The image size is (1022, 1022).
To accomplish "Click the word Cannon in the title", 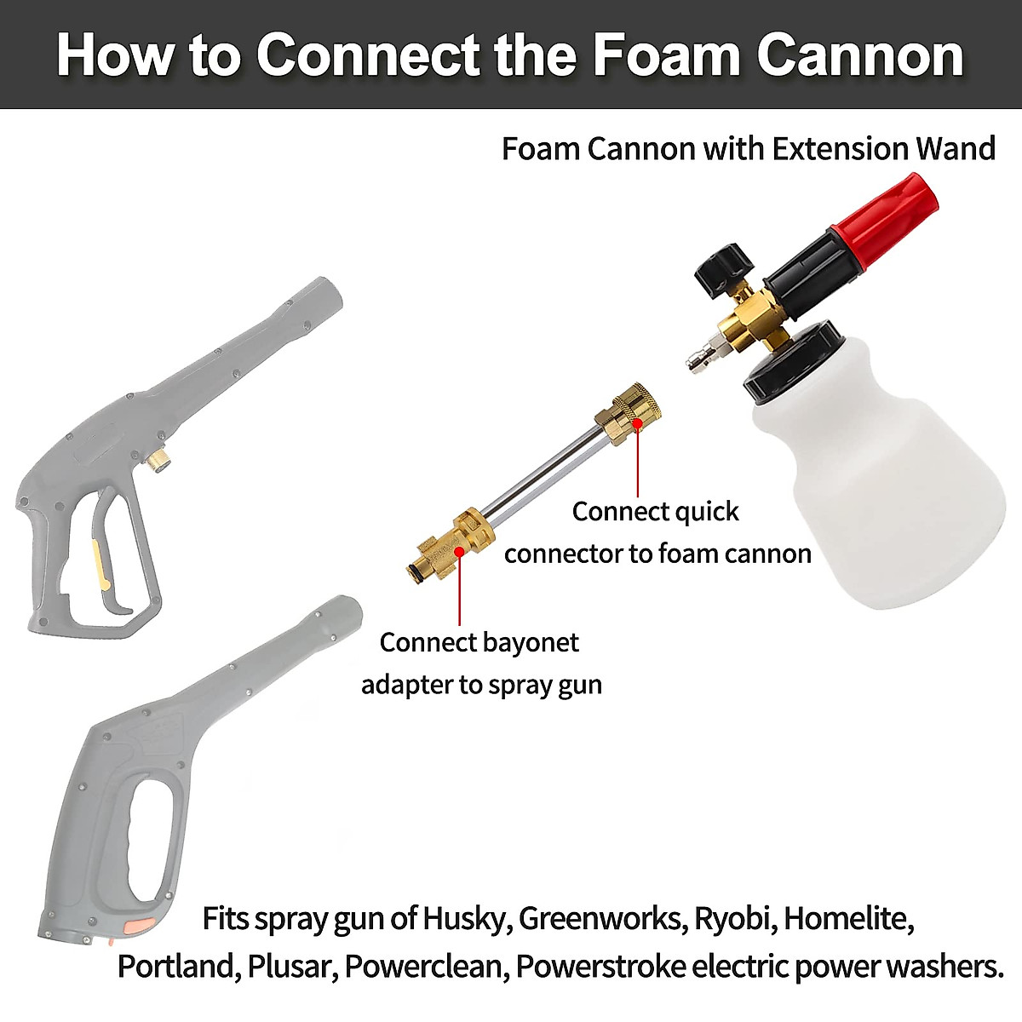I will click(860, 55).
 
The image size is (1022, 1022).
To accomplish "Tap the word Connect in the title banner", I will click(367, 55).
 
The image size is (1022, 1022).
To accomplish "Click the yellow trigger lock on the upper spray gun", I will click(99, 563).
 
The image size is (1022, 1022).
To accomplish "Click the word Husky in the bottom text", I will click(463, 919).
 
